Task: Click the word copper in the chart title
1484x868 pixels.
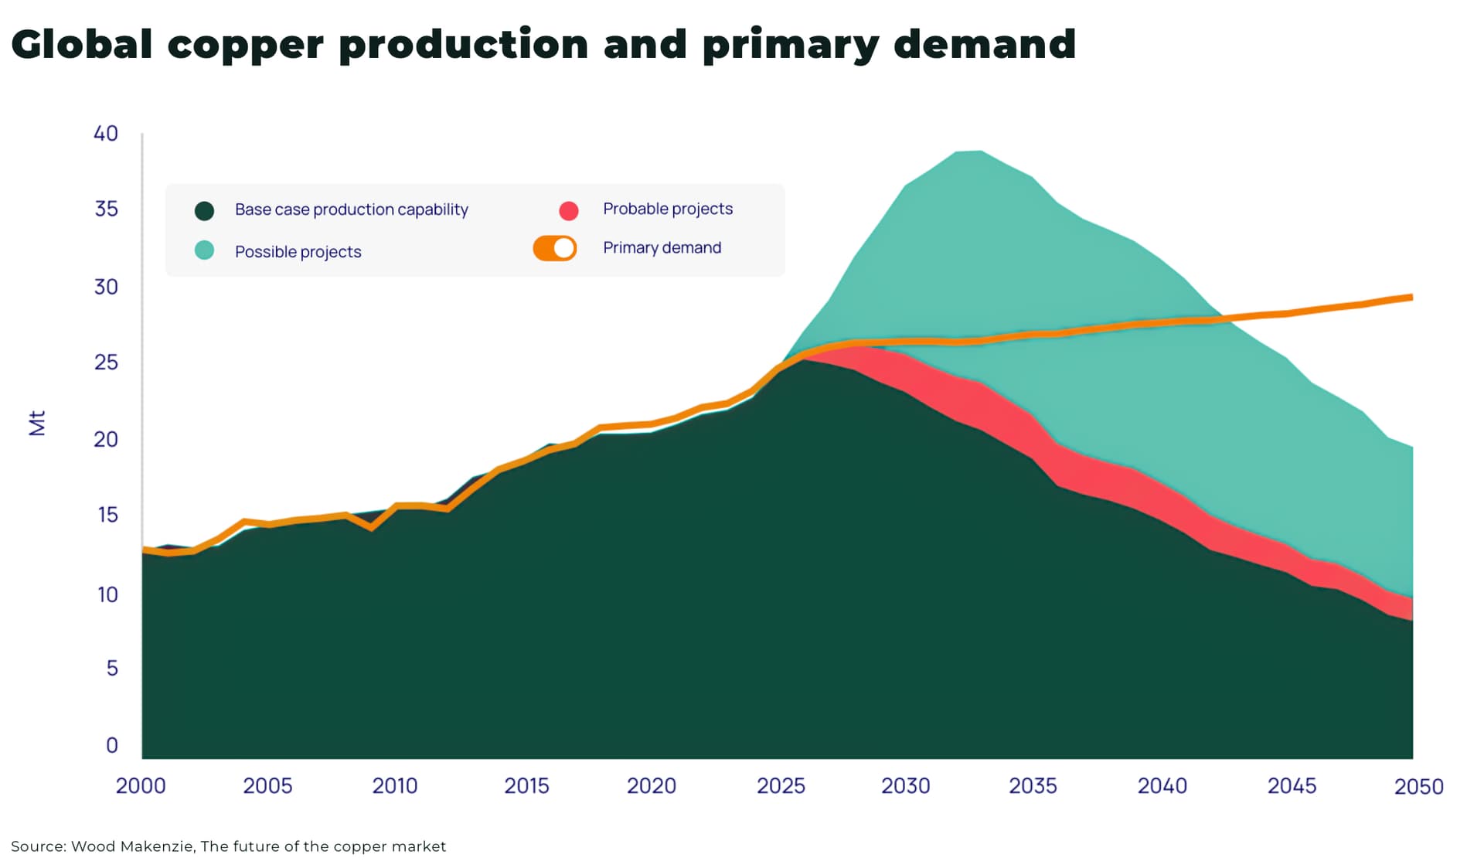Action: point(245,45)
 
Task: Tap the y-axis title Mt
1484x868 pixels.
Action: point(37,423)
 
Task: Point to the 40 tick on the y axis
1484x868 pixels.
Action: point(106,134)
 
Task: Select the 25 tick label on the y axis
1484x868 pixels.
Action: point(106,363)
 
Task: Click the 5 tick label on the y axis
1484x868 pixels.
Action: point(112,668)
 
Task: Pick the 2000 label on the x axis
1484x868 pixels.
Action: point(141,786)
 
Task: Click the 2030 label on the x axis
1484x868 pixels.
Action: point(905,786)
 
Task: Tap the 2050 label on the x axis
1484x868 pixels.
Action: point(1418,787)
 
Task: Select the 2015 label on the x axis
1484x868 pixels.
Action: point(526,786)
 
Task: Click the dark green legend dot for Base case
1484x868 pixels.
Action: point(204,210)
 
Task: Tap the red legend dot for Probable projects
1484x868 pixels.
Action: point(569,210)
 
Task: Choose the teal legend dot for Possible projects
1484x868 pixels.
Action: point(204,250)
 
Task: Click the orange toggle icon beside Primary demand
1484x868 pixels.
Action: point(555,248)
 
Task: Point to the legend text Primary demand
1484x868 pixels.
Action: point(662,248)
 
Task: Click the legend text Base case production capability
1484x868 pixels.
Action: point(351,209)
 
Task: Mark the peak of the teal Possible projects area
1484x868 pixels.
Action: point(970,152)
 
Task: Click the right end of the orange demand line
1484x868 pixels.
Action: point(1411,298)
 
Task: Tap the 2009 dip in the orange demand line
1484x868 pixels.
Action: point(372,528)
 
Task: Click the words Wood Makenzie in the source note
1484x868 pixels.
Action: point(131,846)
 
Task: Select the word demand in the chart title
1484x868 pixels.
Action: point(984,45)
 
